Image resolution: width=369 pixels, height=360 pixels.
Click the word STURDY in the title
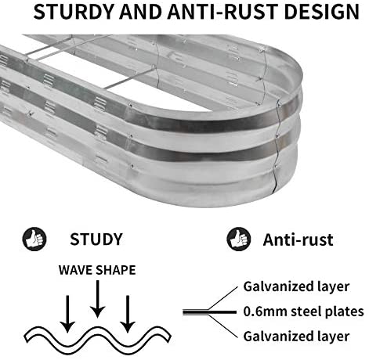[x=74, y=12]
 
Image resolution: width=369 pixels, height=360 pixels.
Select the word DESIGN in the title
[x=322, y=12]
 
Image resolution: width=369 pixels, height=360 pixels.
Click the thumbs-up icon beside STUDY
[x=34, y=239]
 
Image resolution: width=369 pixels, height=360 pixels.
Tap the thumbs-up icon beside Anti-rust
[x=238, y=239]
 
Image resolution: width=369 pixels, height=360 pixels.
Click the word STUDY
[x=96, y=239]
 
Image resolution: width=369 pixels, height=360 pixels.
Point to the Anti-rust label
[x=298, y=239]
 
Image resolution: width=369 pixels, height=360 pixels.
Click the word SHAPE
[x=115, y=270]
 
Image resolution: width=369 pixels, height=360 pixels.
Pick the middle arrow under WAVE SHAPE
[x=97, y=299]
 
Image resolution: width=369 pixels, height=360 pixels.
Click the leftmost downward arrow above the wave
[x=67, y=314]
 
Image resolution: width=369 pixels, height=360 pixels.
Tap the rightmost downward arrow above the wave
[x=128, y=314]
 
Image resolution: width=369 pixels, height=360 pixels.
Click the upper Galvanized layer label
[x=296, y=287]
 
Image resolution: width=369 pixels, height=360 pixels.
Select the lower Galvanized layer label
[x=296, y=337]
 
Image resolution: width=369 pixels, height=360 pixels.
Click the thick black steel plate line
[x=209, y=312]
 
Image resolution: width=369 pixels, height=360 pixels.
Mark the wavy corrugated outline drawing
[x=97, y=339]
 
